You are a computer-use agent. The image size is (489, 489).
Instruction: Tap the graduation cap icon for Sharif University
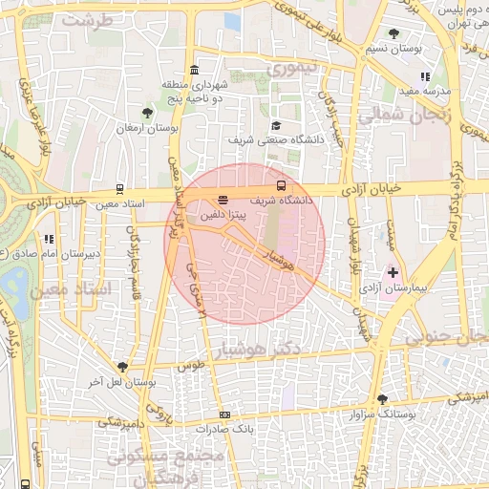(276, 126)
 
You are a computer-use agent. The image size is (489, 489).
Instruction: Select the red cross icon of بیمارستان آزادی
(393, 272)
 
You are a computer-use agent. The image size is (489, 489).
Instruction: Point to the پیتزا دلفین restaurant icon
(223, 201)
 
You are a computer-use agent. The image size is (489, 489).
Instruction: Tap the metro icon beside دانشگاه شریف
(281, 185)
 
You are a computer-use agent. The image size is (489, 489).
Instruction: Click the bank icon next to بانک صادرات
(224, 415)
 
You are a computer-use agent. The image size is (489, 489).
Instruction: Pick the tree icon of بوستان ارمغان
(147, 114)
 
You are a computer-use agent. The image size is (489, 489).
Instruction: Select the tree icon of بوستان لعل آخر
(122, 367)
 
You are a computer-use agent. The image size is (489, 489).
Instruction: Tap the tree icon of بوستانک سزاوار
(383, 400)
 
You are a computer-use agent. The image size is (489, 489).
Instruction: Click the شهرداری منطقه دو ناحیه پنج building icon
(195, 71)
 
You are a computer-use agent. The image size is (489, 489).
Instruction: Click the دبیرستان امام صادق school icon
(48, 240)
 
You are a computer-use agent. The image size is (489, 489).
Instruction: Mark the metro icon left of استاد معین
(118, 189)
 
